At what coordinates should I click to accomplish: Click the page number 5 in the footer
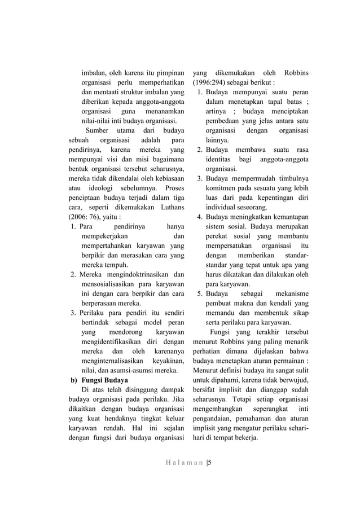tap(209, 464)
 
